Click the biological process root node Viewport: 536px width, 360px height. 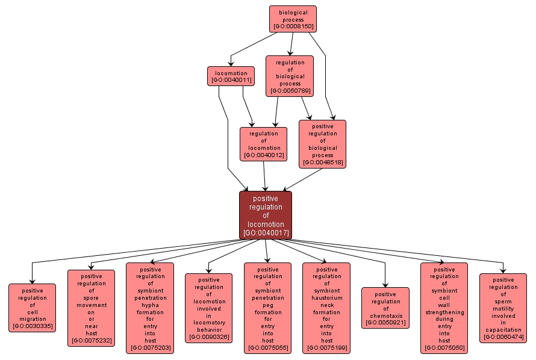(x=293, y=19)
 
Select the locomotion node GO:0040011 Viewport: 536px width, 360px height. (x=229, y=76)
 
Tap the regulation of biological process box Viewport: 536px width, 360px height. (x=290, y=76)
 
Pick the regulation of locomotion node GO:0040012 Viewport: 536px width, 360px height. (x=263, y=144)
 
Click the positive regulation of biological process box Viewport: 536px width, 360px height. (x=322, y=144)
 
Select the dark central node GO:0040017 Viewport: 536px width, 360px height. (x=266, y=215)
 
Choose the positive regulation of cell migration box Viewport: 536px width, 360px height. (x=33, y=308)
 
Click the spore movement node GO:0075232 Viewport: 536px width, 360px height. (x=91, y=308)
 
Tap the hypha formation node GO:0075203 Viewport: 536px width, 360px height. (x=150, y=308)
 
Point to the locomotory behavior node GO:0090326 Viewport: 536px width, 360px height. (x=208, y=308)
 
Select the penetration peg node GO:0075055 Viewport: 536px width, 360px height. (x=267, y=308)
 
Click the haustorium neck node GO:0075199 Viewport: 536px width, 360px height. (x=326, y=308)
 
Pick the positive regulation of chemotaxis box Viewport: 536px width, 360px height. (x=385, y=308)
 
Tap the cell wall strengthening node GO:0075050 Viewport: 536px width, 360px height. (x=444, y=308)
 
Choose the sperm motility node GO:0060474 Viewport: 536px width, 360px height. (x=503, y=308)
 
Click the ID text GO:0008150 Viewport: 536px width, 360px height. (x=293, y=26)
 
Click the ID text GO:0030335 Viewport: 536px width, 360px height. (x=33, y=326)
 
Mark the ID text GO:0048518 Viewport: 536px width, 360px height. (x=322, y=163)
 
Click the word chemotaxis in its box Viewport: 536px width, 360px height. (x=385, y=315)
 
